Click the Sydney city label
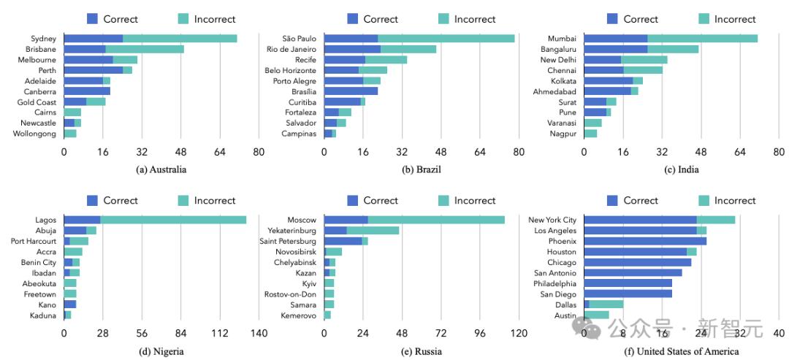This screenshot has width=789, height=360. pyautogui.click(x=44, y=39)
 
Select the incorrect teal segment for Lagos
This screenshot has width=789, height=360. pyautogui.click(x=173, y=220)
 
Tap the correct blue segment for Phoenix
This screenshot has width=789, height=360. pyautogui.click(x=645, y=241)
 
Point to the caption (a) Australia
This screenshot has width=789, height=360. pyautogui.click(x=161, y=170)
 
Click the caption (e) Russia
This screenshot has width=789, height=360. pyautogui.click(x=422, y=351)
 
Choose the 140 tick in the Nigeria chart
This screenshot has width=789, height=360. pyautogui.click(x=259, y=334)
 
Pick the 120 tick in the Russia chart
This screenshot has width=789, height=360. pyautogui.click(x=519, y=334)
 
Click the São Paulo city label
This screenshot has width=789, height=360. pyautogui.click(x=300, y=39)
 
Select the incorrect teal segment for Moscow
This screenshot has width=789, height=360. pyautogui.click(x=436, y=220)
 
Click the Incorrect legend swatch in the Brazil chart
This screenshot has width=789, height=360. pyautogui.click(x=445, y=19)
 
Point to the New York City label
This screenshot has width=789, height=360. pyautogui.click(x=552, y=220)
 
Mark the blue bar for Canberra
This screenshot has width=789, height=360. pyautogui.click(x=87, y=91)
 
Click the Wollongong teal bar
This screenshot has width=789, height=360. pyautogui.click(x=70, y=134)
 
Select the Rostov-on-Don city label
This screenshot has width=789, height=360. pyautogui.click(x=291, y=294)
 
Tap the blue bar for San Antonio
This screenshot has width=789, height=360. pyautogui.click(x=633, y=272)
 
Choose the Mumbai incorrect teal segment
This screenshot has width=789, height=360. pyautogui.click(x=702, y=39)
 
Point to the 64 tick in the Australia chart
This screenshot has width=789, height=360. pyautogui.click(x=220, y=153)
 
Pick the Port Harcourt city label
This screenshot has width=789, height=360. pyautogui.click(x=34, y=241)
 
